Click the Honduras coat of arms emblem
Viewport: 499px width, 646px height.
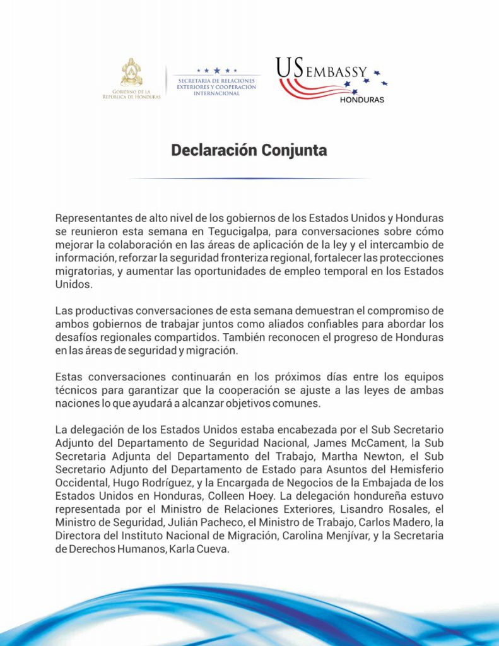point(131,73)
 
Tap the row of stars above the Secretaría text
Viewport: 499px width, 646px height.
point(217,71)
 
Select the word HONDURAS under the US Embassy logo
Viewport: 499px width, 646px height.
point(361,100)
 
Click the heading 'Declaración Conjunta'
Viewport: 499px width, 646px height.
point(249,151)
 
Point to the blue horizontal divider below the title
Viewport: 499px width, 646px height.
point(249,179)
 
